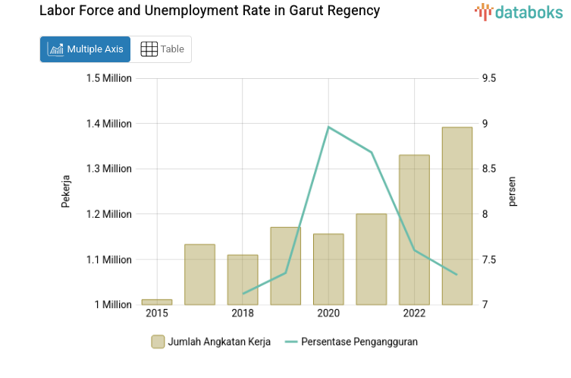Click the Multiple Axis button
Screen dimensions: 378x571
[x=85, y=49]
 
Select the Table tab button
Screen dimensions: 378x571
[x=162, y=49]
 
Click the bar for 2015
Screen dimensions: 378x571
[x=157, y=301]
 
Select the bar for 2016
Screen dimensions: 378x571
[x=199, y=274]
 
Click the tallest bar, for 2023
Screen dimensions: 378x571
[x=457, y=216]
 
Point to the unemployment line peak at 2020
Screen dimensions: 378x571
[x=328, y=127]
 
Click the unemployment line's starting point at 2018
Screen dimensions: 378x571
[x=243, y=293]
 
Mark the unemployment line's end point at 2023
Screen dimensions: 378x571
[x=457, y=274]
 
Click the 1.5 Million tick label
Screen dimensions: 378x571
[x=108, y=78]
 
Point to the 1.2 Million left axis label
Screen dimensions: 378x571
[x=108, y=214]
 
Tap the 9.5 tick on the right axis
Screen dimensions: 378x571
[x=489, y=78]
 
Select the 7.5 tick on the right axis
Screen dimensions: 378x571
[x=489, y=260]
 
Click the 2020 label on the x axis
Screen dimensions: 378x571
[x=328, y=313]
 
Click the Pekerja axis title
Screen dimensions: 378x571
[x=66, y=191]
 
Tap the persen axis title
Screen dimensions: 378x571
[x=513, y=191]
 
